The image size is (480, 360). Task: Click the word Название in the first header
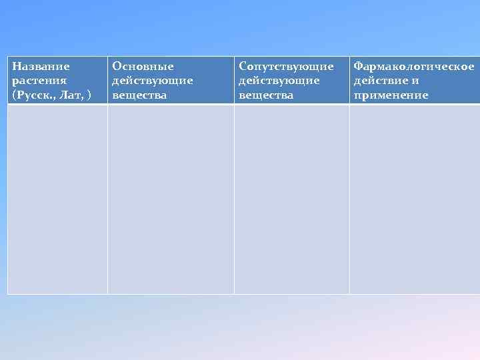pyautogui.click(x=41, y=67)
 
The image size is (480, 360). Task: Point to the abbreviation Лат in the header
pyautogui.click(x=74, y=95)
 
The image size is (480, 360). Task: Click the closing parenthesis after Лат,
pyautogui.click(x=89, y=95)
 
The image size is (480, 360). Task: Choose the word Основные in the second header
pyautogui.click(x=143, y=67)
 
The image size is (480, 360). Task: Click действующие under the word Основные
pyautogui.click(x=153, y=81)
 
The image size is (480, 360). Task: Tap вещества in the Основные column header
pyautogui.click(x=139, y=95)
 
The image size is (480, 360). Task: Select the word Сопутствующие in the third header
pyautogui.click(x=286, y=67)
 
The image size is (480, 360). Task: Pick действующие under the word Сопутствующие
pyautogui.click(x=279, y=81)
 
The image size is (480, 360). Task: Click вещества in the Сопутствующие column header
pyautogui.click(x=266, y=95)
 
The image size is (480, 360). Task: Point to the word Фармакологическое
pyautogui.click(x=414, y=67)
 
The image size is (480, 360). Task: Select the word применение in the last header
pyautogui.click(x=391, y=95)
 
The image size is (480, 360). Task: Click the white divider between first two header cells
pyautogui.click(x=107, y=80)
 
